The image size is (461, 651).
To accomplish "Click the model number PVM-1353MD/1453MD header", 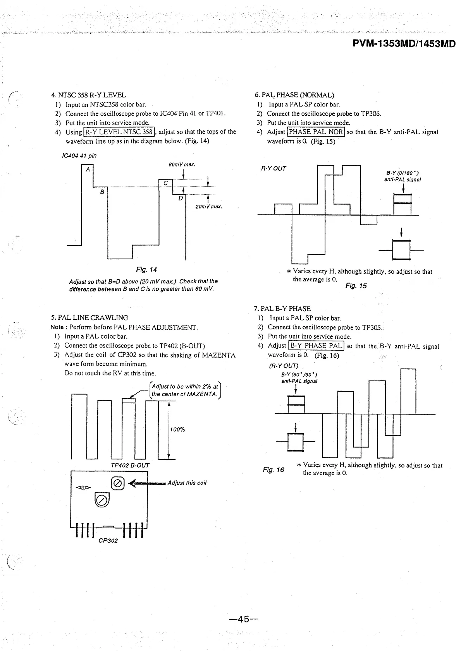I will (404, 44).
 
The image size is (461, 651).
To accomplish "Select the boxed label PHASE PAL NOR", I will (316, 132).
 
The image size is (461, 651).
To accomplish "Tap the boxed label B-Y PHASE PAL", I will (316, 346).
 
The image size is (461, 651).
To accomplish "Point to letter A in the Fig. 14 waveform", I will (88, 169).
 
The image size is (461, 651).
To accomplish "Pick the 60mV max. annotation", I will (182, 164).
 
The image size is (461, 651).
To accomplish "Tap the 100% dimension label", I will (177, 429).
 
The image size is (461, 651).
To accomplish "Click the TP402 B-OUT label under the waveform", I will (130, 465).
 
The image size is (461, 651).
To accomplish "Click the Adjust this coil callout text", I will (187, 483).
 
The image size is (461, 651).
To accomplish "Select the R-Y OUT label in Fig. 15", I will (274, 168).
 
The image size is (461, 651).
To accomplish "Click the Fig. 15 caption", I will (356, 286).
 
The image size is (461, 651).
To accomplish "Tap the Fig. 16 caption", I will (273, 469).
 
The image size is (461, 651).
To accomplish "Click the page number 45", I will (243, 619).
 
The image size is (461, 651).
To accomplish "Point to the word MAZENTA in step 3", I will (218, 355).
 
